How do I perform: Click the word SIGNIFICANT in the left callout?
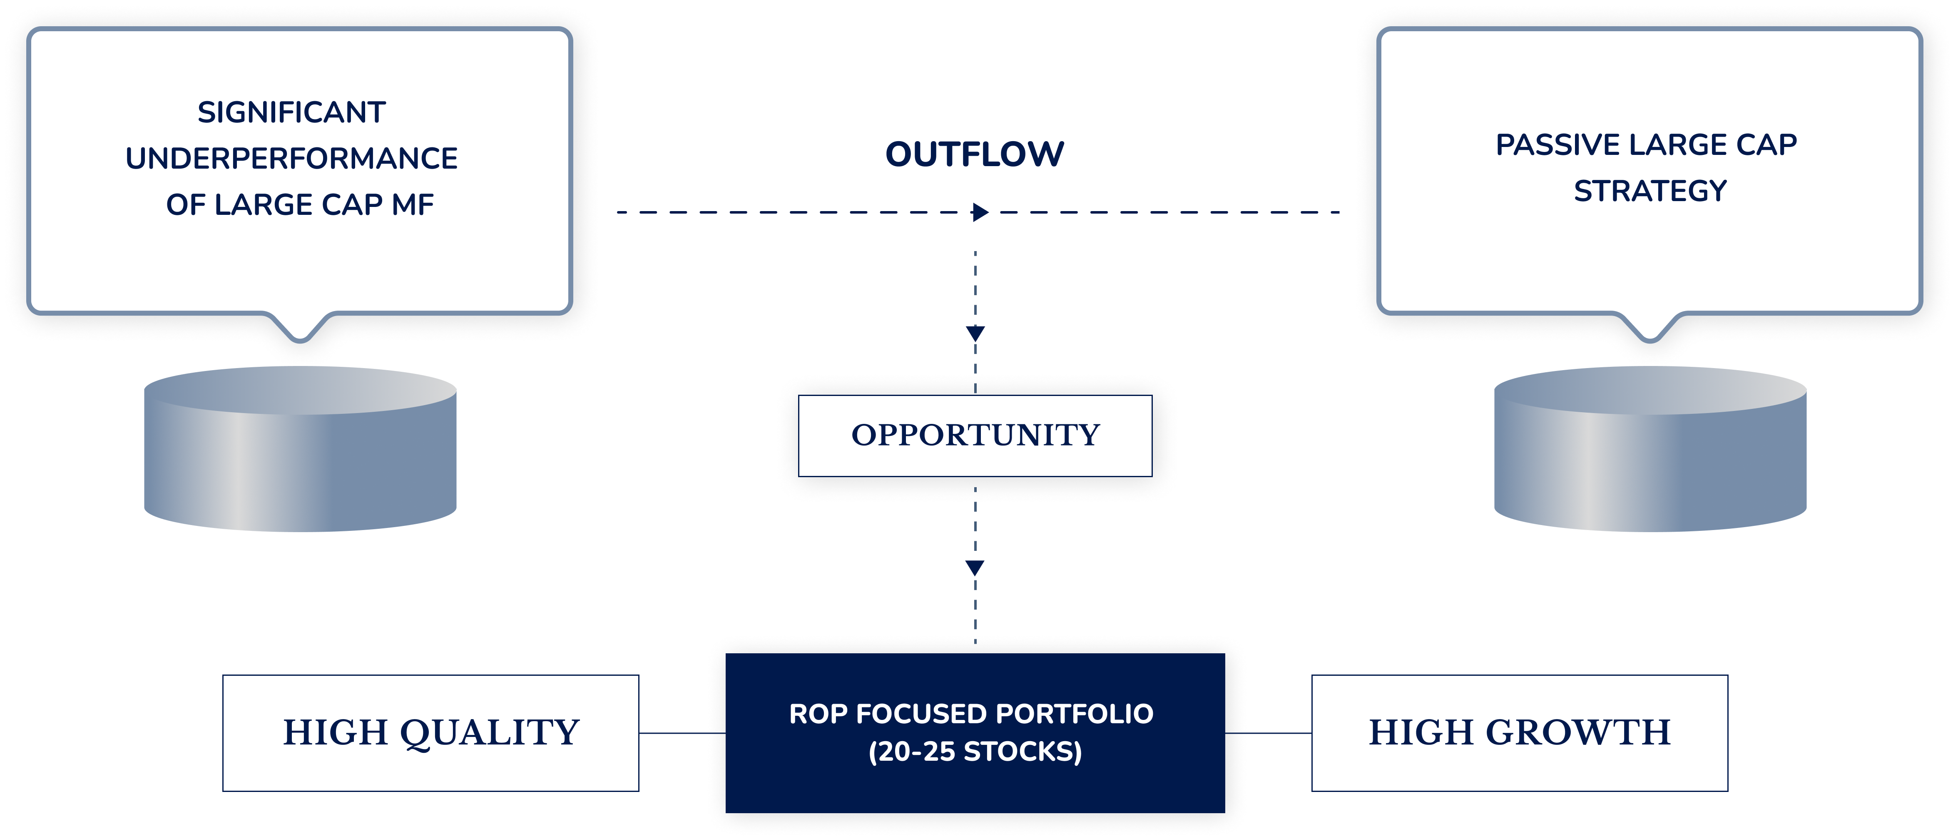(x=292, y=112)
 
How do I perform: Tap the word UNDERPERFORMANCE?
(x=292, y=158)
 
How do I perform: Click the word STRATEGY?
(x=1650, y=191)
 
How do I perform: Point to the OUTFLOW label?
(x=975, y=154)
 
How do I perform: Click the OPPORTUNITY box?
(x=975, y=435)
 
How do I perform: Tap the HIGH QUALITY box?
(x=430, y=733)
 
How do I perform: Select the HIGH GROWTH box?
(x=1519, y=733)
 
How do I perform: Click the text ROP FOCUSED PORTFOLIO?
(x=971, y=714)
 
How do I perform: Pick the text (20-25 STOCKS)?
(x=975, y=752)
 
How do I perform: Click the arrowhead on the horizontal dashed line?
(x=980, y=212)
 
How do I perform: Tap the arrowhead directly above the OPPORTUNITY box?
(x=975, y=334)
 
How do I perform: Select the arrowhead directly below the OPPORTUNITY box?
(x=975, y=568)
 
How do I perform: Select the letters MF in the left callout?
(x=413, y=204)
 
